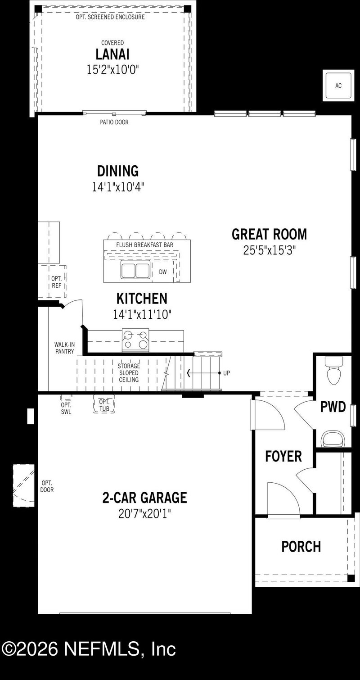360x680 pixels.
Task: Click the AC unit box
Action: pos(338,86)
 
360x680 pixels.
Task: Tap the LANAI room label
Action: pos(112,54)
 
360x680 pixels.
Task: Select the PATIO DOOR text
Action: pos(114,122)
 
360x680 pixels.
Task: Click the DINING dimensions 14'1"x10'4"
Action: pos(118,187)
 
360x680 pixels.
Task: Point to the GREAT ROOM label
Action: pos(269,234)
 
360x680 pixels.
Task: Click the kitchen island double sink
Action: pos(135,271)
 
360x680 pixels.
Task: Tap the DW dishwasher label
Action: pos(162,272)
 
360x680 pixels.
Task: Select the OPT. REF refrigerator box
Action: pos(56,282)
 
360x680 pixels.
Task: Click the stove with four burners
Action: pos(135,340)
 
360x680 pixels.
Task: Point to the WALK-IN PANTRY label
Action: pos(64,348)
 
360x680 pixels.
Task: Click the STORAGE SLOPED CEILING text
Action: pos(129,373)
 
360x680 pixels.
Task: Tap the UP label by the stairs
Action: pos(226,373)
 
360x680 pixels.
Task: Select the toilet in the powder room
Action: pos(333,373)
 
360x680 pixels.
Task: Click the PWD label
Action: pos(333,407)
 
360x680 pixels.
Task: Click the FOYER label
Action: pos(283,456)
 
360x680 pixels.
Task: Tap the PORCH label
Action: pos(301,546)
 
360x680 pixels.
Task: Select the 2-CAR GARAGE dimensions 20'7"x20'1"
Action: pos(144,513)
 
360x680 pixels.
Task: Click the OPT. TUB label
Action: pos(104,405)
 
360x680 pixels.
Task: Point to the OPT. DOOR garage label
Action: pos(47,486)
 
